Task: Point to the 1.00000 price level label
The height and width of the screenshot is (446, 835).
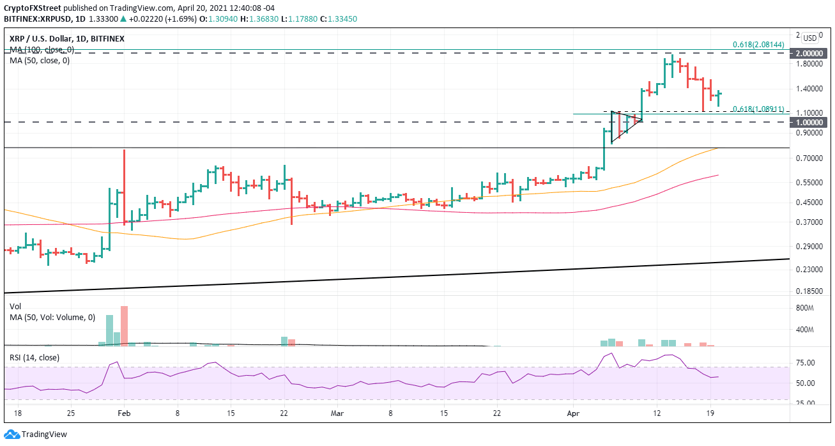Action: pyautogui.click(x=810, y=122)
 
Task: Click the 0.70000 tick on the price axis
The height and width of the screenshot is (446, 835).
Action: pyautogui.click(x=809, y=158)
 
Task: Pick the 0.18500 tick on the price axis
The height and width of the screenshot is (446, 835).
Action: pyautogui.click(x=809, y=291)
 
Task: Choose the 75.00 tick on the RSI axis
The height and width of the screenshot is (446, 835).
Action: pyautogui.click(x=806, y=363)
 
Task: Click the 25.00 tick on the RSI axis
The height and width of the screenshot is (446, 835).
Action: pyautogui.click(x=806, y=403)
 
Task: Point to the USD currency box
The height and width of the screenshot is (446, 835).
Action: pyautogui.click(x=810, y=38)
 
